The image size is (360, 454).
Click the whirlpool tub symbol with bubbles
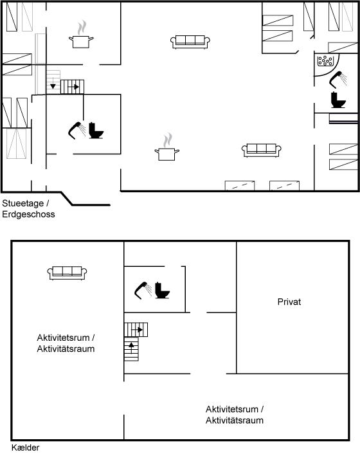[x=325, y=61]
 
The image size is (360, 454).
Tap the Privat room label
[x=289, y=302]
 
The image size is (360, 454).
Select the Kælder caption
[x=25, y=448]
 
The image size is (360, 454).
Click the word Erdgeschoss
[x=28, y=214]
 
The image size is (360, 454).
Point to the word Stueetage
[x=23, y=203]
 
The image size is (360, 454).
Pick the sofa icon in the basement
[x=67, y=273]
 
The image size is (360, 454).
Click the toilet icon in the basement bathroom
[x=162, y=290]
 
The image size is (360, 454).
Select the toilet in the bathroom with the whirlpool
[x=338, y=100]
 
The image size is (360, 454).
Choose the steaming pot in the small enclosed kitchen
[x=81, y=34]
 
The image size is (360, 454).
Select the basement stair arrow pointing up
[x=131, y=348]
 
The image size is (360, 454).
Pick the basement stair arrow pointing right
[x=137, y=329]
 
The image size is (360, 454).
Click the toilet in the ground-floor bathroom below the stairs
[x=96, y=131]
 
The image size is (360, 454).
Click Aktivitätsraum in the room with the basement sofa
[x=66, y=349]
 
